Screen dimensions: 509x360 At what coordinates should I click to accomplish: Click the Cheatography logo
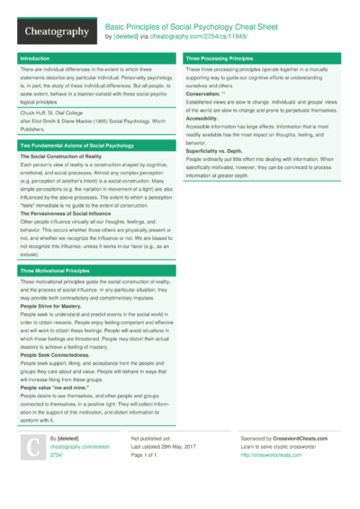click(x=57, y=32)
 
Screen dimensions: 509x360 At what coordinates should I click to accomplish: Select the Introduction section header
click(x=35, y=58)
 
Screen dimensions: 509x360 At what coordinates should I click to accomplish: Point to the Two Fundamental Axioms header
click(x=76, y=145)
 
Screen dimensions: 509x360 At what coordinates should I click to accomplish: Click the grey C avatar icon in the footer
click(x=31, y=448)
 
